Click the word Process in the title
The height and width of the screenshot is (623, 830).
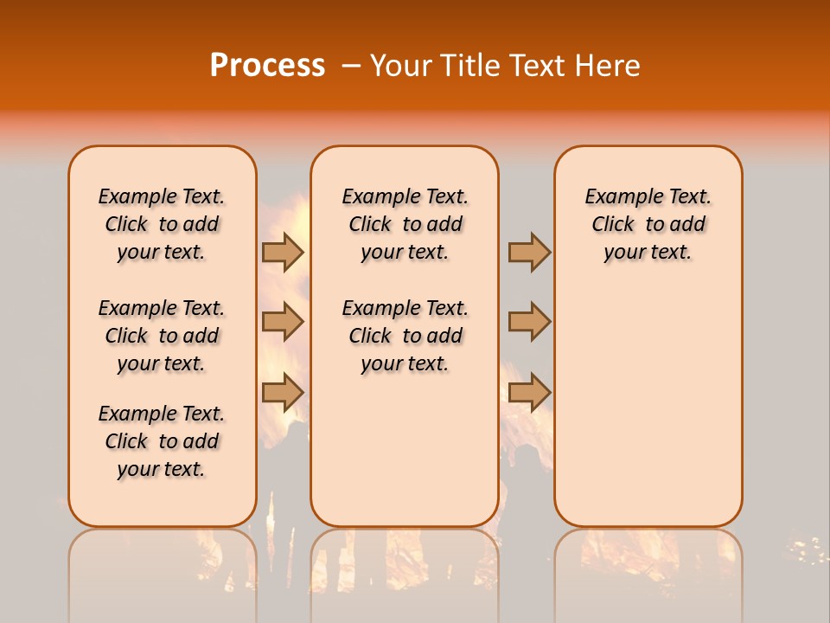pos(267,65)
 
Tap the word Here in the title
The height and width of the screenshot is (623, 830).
pos(608,66)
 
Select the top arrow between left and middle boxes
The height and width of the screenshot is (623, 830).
pos(283,253)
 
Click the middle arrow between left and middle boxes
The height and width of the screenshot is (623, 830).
pos(283,322)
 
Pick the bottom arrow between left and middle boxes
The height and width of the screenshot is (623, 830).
pos(283,391)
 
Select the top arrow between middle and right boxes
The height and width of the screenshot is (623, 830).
pos(529,253)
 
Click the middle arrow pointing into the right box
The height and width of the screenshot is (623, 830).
pos(529,322)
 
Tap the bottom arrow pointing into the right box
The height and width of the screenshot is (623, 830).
pos(529,391)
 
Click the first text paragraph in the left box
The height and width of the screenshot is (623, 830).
pos(162,224)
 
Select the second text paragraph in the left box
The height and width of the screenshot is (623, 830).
pos(162,336)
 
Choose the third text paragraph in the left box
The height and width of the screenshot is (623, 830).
pos(162,441)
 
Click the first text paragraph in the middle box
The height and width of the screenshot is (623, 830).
pos(405,224)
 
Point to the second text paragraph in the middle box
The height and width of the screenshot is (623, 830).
pos(405,336)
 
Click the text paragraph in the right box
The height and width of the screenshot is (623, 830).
pos(648,224)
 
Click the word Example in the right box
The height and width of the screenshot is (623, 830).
pos(616,197)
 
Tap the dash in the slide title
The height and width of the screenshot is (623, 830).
pos(351,66)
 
